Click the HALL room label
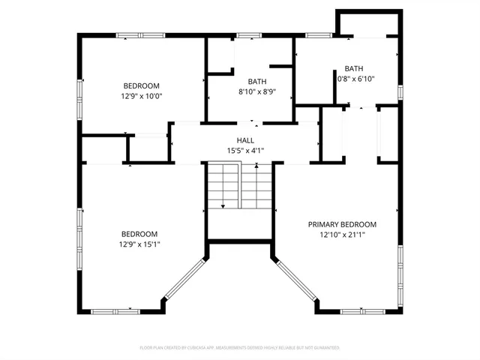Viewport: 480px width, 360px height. [245, 140]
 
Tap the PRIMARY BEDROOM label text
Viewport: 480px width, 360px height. [343, 224]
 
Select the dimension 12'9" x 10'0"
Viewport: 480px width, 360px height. [142, 96]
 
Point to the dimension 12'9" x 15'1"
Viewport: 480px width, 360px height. [140, 244]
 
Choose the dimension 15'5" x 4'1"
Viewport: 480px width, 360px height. [245, 151]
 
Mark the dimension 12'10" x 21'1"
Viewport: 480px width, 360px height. [343, 235]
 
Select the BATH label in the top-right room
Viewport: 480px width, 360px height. [354, 68]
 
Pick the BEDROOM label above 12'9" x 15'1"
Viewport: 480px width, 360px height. [140, 234]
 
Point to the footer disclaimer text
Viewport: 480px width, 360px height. [240, 348]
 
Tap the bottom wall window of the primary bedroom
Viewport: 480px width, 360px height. [362, 311]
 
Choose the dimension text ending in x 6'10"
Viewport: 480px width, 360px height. [355, 79]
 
